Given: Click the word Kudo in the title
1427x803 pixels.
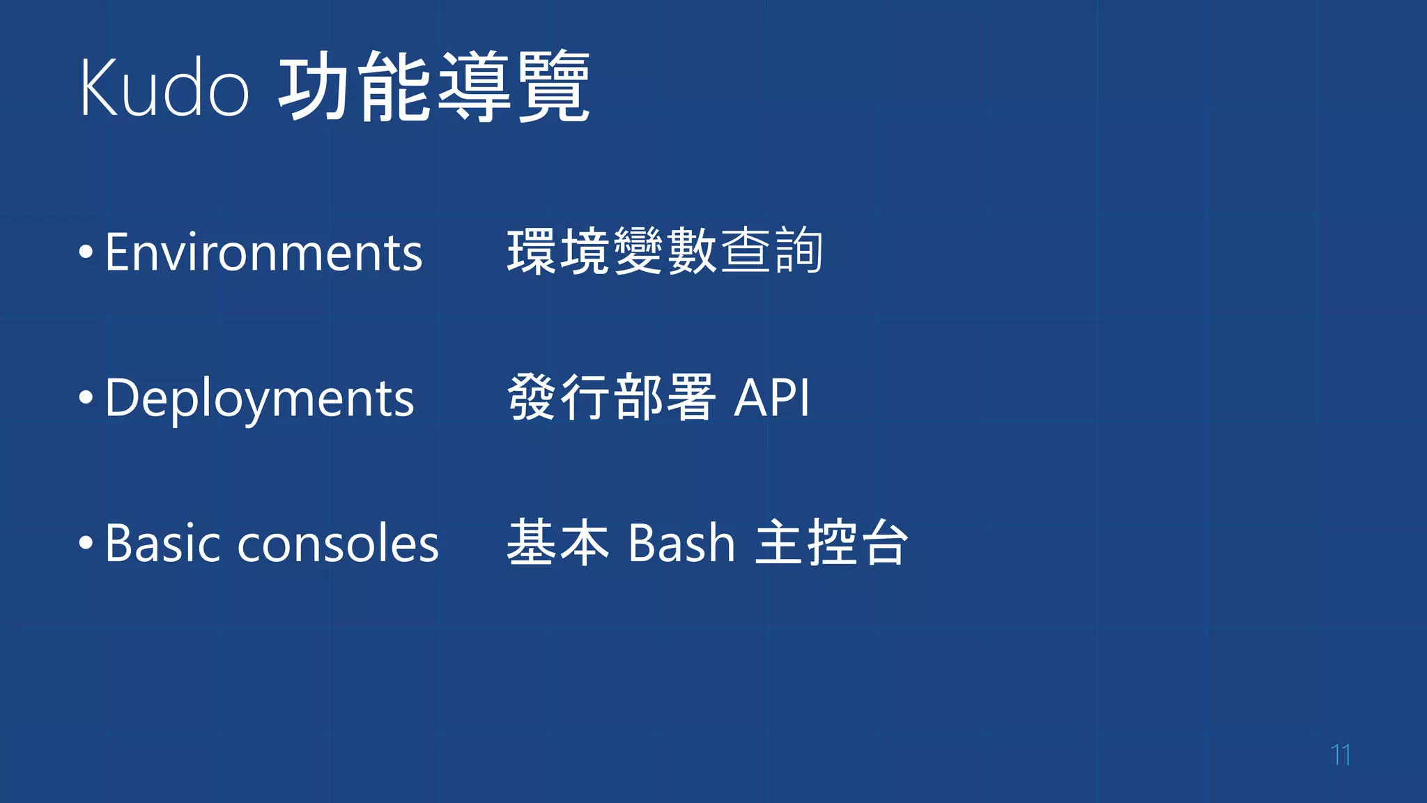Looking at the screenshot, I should coord(164,88).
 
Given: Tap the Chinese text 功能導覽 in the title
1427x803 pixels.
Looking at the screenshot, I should coord(434,88).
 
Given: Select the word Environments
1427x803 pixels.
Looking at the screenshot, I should coord(263,252).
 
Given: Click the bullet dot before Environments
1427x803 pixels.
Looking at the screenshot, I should coord(86,252).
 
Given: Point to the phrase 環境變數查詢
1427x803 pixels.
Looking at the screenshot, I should coord(665,252).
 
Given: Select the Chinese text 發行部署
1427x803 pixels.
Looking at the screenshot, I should coord(611,397).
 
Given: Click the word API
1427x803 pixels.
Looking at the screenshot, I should coord(772,398).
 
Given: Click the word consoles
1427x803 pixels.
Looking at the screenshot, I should coord(338,544).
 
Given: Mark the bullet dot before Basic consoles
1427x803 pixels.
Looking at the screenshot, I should coord(86,543).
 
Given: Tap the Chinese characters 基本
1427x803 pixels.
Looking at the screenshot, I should coord(557,542).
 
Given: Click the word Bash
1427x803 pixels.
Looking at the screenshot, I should coord(681,543).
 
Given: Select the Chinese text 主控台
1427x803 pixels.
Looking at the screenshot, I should coord(832,542).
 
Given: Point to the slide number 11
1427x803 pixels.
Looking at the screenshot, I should coord(1341,754).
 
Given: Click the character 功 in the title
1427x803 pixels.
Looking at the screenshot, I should coord(316,88).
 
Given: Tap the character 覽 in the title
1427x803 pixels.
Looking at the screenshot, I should coord(555,88).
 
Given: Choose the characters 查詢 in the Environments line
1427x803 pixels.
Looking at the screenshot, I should coord(771,252).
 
